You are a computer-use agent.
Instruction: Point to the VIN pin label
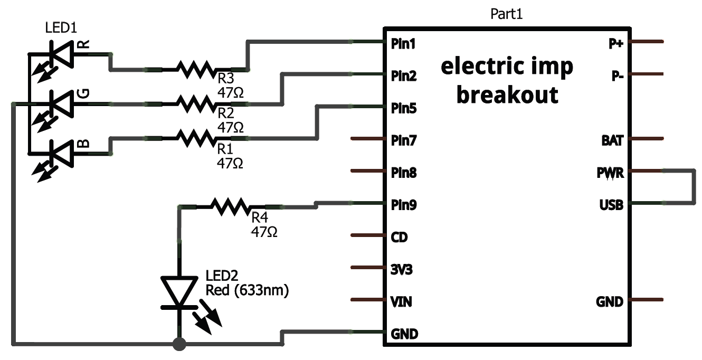click(x=401, y=302)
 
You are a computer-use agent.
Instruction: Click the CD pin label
click(x=399, y=237)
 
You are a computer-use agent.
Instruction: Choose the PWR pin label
click(x=611, y=173)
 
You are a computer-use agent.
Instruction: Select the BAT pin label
click(x=612, y=140)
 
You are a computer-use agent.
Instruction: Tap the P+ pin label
click(x=616, y=44)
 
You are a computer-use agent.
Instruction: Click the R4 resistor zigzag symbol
click(x=230, y=205)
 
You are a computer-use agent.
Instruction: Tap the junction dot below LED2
click(x=179, y=345)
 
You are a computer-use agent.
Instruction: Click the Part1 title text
click(x=506, y=14)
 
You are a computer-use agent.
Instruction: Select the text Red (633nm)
click(x=247, y=290)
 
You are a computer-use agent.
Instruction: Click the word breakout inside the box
click(x=507, y=95)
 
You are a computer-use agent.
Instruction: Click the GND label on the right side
click(x=610, y=302)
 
